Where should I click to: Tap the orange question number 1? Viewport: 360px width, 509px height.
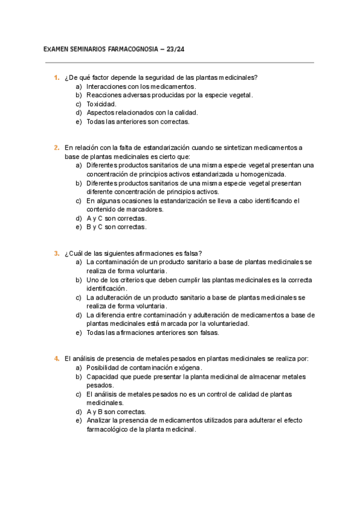[x=56, y=77]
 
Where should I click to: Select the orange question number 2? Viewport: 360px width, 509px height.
[x=56, y=148]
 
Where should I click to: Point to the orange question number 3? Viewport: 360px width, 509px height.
[x=56, y=253]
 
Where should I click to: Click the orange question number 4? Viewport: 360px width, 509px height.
[x=56, y=359]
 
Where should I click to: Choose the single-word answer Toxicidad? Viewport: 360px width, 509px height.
[x=101, y=104]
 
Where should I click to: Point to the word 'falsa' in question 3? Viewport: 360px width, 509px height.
[x=191, y=253]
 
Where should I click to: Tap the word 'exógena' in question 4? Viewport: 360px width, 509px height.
[x=187, y=368]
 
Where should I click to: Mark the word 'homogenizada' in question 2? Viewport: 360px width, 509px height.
[x=263, y=174]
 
